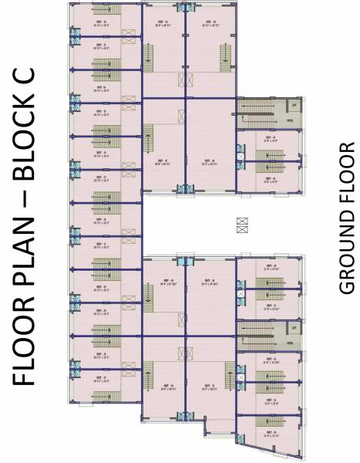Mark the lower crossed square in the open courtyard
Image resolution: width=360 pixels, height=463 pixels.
point(243,229)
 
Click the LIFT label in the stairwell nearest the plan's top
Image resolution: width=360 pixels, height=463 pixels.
point(292,103)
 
